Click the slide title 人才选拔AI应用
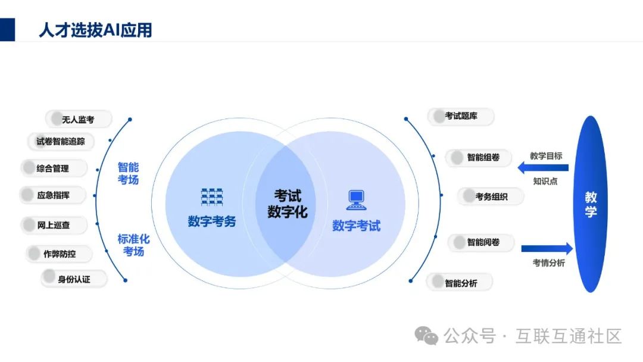click(95, 30)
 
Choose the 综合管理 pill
click(54, 168)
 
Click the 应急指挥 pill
click(54, 195)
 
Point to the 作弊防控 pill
click(60, 254)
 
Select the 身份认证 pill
click(74, 278)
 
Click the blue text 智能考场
click(128, 173)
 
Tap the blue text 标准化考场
click(133, 245)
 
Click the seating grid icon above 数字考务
click(212, 196)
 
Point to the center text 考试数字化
click(287, 203)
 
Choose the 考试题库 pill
click(461, 117)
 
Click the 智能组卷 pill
click(478, 158)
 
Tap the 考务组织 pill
click(491, 196)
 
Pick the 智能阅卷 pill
click(481, 242)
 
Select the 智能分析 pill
click(460, 283)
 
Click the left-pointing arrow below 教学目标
click(542, 168)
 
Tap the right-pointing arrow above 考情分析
click(547, 248)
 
